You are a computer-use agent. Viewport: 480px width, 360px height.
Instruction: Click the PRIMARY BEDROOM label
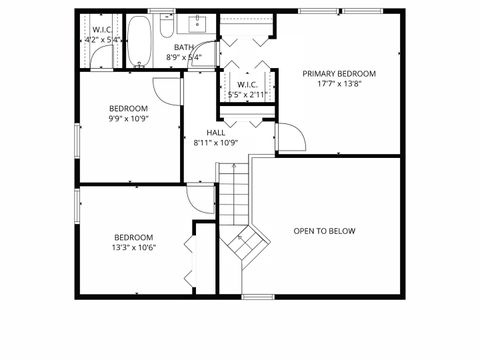click(339, 74)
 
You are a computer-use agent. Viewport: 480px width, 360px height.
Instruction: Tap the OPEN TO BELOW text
click(324, 231)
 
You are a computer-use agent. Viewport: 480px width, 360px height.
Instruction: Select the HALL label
click(215, 132)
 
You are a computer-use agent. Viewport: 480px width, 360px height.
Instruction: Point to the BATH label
click(184, 47)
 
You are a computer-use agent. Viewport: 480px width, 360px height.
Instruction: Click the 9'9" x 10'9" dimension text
click(128, 118)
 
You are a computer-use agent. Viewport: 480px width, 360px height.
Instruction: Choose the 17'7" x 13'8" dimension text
click(339, 85)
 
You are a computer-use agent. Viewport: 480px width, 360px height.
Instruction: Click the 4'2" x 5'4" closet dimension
click(103, 40)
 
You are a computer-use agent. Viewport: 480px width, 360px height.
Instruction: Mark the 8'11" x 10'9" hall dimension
click(215, 142)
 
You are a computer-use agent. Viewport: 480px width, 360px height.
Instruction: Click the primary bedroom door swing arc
click(290, 136)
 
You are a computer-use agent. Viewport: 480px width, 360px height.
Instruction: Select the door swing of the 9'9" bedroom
click(169, 87)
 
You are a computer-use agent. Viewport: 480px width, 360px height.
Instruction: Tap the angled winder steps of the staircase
click(245, 245)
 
